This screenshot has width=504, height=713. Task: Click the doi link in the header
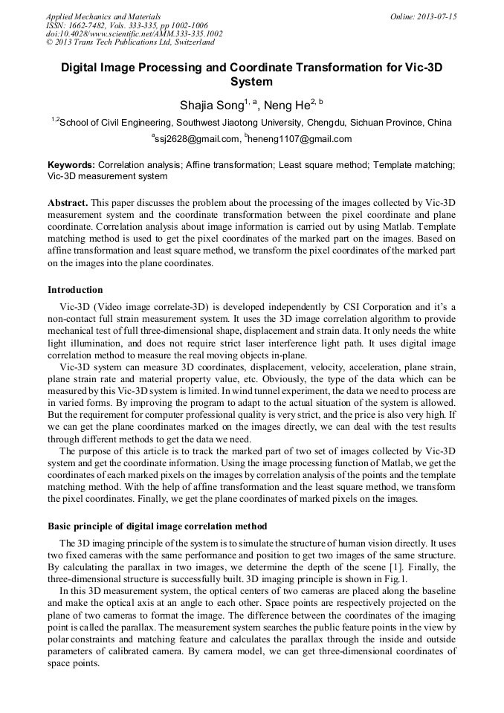click(x=134, y=34)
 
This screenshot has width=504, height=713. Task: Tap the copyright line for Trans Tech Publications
click(x=130, y=43)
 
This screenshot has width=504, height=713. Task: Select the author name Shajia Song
click(x=211, y=106)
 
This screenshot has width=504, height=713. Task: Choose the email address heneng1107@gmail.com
click(x=291, y=139)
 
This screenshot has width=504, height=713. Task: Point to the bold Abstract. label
click(x=68, y=203)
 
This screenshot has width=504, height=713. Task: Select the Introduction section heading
click(x=75, y=290)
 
